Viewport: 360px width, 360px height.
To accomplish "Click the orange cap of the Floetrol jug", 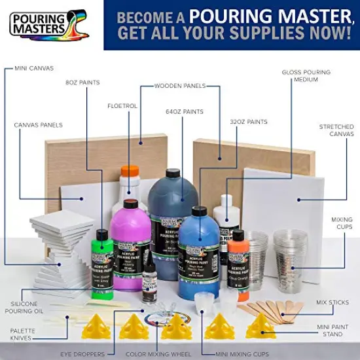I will pos(130,173).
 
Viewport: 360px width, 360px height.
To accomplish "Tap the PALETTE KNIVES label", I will pos(24,335).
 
